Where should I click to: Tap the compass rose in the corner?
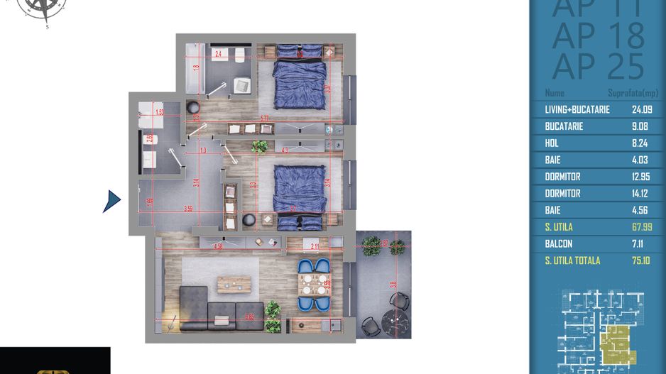click(x=45, y=9)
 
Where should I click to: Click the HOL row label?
click(x=552, y=143)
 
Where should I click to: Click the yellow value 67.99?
click(x=642, y=227)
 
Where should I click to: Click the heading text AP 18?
click(x=598, y=34)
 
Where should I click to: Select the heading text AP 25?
click(x=598, y=66)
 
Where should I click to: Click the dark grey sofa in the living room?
click(x=213, y=309)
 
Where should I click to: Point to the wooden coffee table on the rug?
click(x=234, y=284)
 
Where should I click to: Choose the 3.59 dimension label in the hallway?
click(x=188, y=209)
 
